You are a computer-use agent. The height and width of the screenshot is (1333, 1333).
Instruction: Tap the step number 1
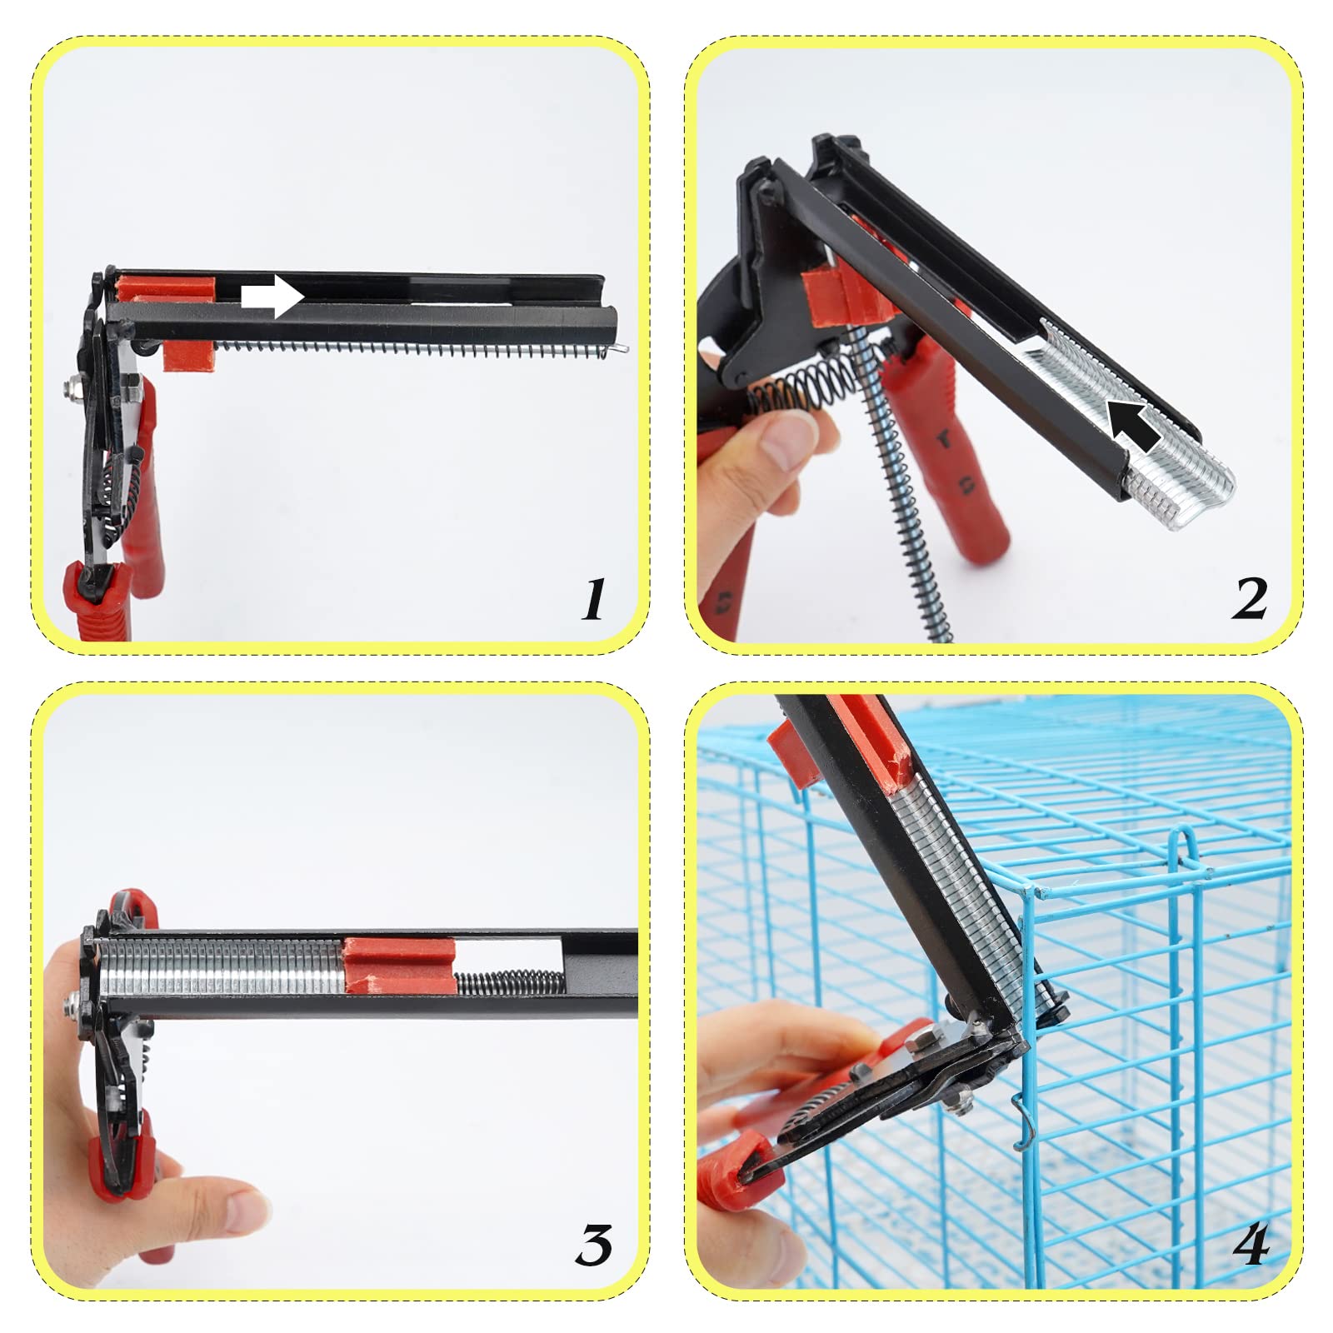pyautogui.click(x=593, y=599)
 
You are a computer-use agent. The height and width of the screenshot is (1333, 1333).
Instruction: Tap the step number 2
pyautogui.click(x=1249, y=599)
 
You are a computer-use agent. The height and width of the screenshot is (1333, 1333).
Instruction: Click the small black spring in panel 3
pyautogui.click(x=510, y=982)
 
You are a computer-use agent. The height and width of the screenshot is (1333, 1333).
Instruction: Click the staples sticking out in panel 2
pyautogui.click(x=1179, y=484)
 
